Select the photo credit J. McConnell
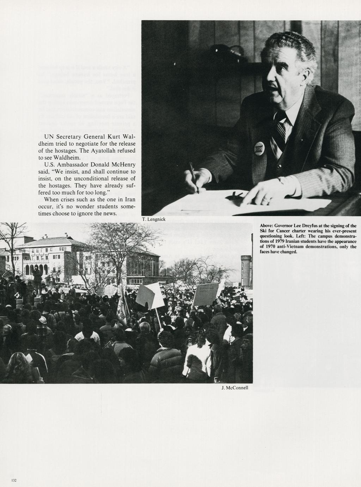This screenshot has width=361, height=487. pyautogui.click(x=235, y=388)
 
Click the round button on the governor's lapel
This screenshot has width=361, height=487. pyautogui.click(x=259, y=149)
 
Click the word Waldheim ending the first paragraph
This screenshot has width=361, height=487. pyautogui.click(x=69, y=158)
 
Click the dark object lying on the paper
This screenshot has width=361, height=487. pyautogui.click(x=234, y=195)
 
